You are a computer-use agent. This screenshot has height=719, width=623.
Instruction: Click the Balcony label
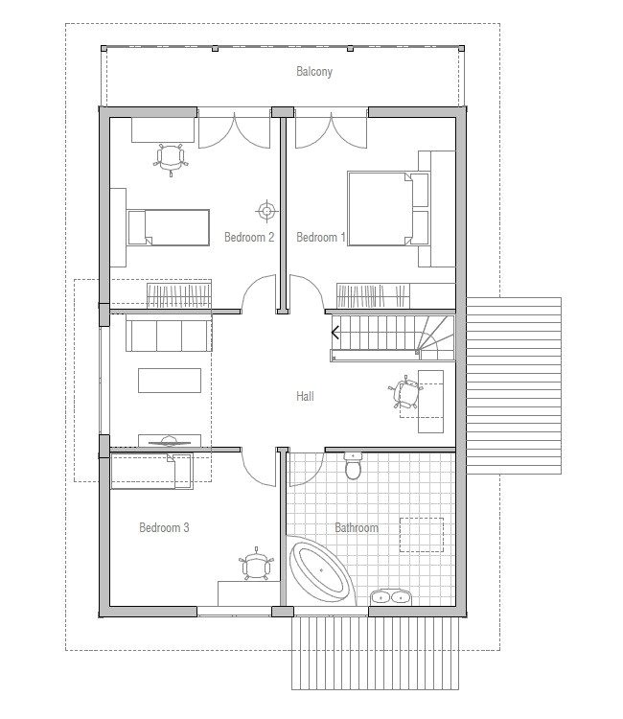(x=314, y=72)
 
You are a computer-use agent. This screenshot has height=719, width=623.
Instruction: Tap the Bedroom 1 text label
(x=320, y=237)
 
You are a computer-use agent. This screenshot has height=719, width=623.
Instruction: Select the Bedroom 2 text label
(x=249, y=237)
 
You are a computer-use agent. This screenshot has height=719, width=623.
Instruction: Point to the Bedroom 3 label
(x=164, y=527)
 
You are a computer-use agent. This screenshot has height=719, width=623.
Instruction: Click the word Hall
(x=305, y=395)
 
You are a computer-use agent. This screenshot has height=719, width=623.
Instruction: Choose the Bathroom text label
(x=356, y=528)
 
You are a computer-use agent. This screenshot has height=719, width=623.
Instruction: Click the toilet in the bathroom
(x=354, y=468)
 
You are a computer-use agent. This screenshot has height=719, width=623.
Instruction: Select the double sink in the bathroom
(x=390, y=596)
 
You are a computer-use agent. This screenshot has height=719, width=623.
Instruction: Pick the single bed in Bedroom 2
(x=167, y=227)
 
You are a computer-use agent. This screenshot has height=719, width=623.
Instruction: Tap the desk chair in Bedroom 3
(x=255, y=566)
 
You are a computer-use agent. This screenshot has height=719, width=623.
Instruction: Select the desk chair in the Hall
(x=406, y=395)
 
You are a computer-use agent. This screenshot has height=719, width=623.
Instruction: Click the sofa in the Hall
(x=167, y=336)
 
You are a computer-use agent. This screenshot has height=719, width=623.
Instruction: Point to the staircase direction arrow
(x=335, y=333)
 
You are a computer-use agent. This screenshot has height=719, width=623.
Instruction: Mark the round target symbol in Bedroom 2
(x=265, y=210)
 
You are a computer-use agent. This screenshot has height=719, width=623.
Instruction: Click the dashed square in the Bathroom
(x=421, y=535)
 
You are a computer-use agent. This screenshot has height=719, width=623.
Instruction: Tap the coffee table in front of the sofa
(x=170, y=381)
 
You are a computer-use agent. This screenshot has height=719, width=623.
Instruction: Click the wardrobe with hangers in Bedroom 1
(x=395, y=296)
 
